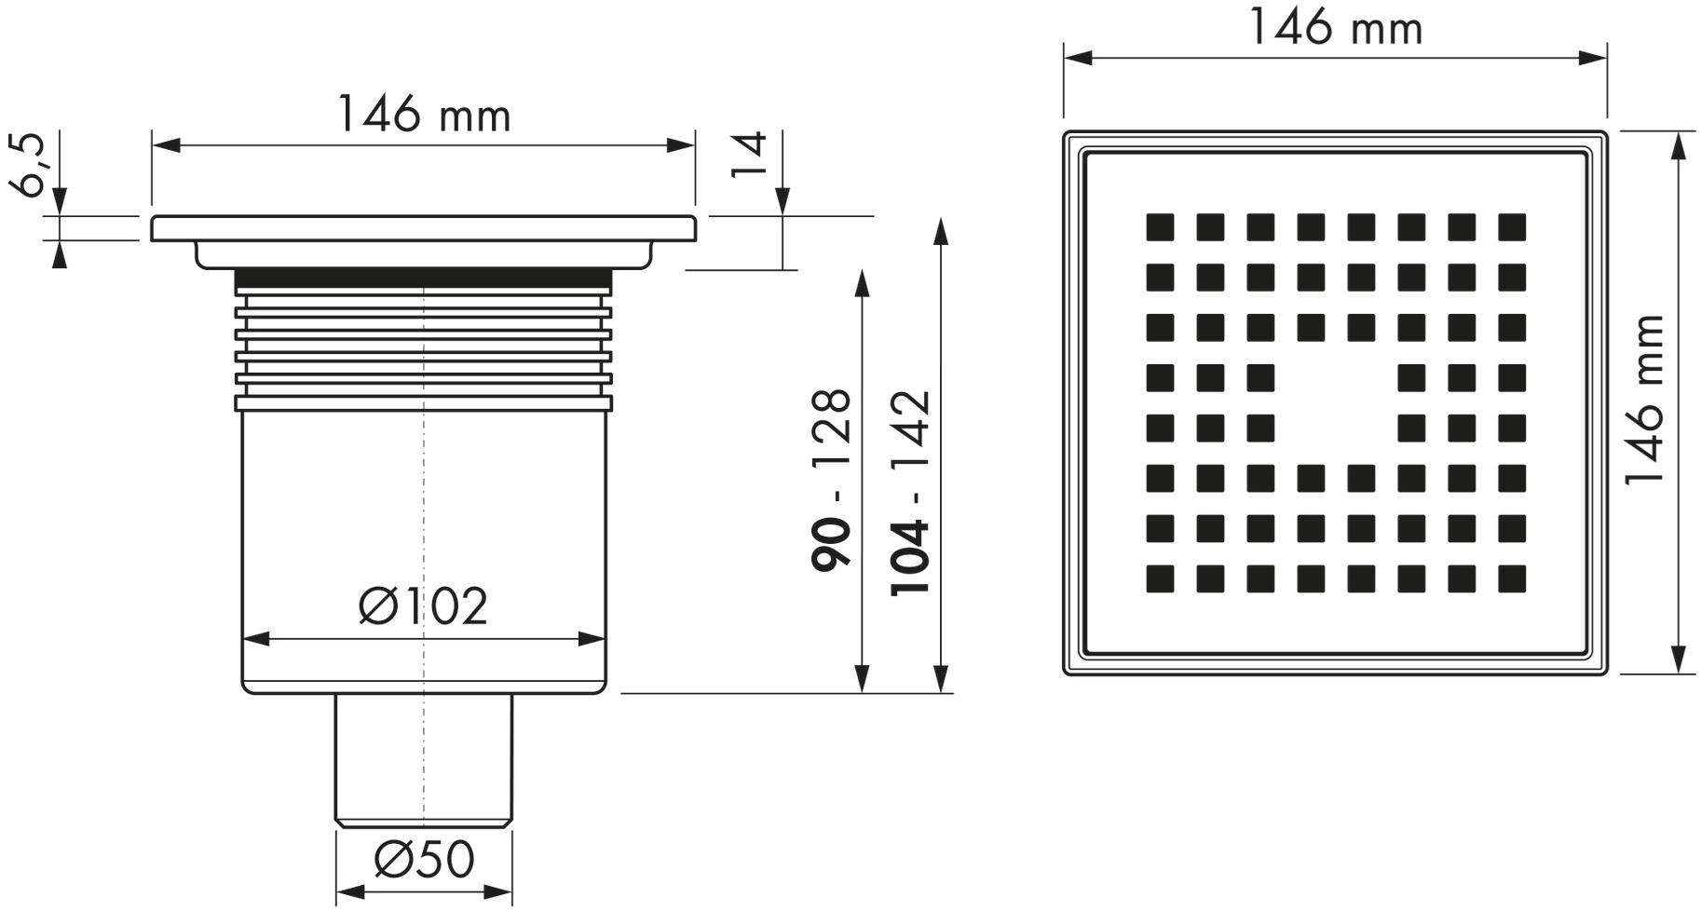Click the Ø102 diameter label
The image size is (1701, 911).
[424, 606]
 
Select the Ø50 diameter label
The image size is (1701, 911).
[424, 859]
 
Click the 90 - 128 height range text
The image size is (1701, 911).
[832, 480]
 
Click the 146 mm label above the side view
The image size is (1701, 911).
[424, 116]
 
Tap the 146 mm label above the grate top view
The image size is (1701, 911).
[1335, 28]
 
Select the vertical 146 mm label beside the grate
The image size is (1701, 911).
[1644, 401]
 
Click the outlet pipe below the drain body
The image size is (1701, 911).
[424, 759]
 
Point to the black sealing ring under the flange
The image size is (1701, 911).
[424, 278]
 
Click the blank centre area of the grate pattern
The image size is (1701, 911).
[1335, 403]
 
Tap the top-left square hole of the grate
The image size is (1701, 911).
[1160, 227]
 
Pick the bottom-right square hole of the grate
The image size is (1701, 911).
[1512, 579]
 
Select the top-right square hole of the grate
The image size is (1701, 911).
[1512, 227]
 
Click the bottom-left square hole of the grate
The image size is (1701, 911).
[1160, 579]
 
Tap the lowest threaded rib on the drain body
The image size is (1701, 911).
[424, 403]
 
